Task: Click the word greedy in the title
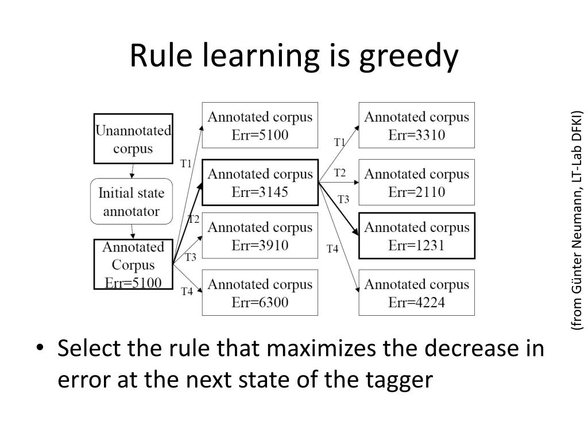[x=409, y=57]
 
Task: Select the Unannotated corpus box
[x=133, y=138]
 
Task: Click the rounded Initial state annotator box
[x=131, y=201]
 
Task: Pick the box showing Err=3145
[x=260, y=182]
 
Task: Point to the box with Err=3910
[x=260, y=235]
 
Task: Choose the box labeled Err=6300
[x=260, y=292]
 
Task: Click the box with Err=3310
[x=416, y=125]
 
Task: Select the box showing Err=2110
[x=416, y=182]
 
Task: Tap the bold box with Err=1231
[x=416, y=235]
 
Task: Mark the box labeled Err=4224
[x=416, y=292]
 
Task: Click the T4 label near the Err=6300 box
[x=187, y=292]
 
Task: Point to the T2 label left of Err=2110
[x=340, y=173]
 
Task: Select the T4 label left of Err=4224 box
[x=332, y=249]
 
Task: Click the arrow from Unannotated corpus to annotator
[x=133, y=171]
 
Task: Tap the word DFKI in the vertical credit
[x=577, y=123]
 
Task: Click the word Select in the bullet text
[x=88, y=348]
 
